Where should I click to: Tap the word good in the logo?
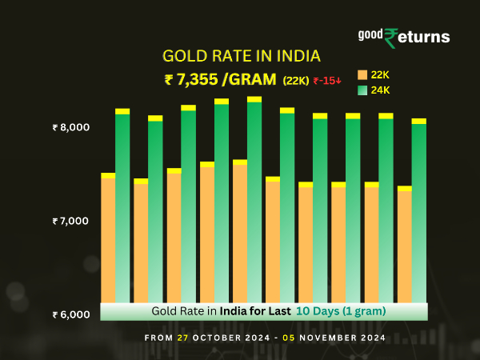point(371,34)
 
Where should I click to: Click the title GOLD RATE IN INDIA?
point(241,56)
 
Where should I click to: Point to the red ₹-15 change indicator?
point(326,81)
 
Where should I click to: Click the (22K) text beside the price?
point(297,81)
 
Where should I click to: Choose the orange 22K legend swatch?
point(362,74)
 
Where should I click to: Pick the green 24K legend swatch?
point(362,90)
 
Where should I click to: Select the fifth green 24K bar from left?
point(254,200)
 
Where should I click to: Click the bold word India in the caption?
point(237,310)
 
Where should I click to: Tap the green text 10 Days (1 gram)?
point(342,310)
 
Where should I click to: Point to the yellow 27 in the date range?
point(184,338)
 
